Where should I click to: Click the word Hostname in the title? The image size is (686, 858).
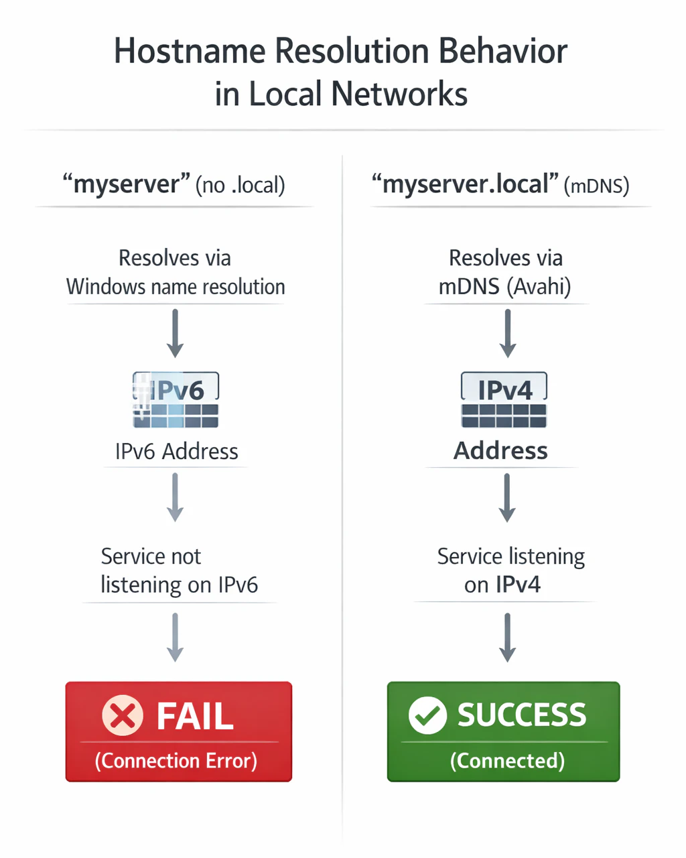(x=190, y=51)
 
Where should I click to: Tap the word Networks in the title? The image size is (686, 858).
(x=399, y=94)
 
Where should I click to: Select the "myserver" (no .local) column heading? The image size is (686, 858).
(x=174, y=184)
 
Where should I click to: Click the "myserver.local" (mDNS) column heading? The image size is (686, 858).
(x=500, y=184)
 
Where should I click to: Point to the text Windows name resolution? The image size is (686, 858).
(x=176, y=287)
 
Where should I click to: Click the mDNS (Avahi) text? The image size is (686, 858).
(x=504, y=287)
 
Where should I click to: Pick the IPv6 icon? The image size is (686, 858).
(x=176, y=400)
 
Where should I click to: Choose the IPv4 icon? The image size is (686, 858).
(x=504, y=400)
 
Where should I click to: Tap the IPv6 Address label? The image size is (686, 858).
(x=176, y=451)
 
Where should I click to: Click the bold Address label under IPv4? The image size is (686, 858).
(x=500, y=451)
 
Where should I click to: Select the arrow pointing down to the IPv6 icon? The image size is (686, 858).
(x=175, y=334)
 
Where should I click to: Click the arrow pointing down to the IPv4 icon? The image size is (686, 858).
(x=507, y=334)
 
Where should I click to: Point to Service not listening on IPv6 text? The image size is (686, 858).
(x=180, y=570)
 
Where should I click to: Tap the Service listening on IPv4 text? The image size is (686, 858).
(x=510, y=570)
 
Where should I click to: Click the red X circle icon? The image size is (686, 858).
(x=123, y=715)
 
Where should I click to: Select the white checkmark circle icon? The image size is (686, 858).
(x=427, y=715)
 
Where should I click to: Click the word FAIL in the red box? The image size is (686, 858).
(x=195, y=716)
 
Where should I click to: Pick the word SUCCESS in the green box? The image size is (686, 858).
(x=522, y=715)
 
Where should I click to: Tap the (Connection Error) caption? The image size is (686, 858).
(x=176, y=760)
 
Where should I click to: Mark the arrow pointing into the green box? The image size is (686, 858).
(x=507, y=637)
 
